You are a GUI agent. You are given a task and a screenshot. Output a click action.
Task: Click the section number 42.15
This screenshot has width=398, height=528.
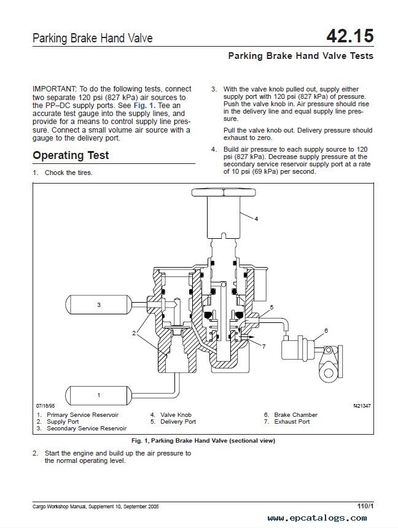coord(350,36)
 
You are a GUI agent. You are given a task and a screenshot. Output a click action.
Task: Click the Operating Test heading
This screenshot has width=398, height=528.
coord(71,155)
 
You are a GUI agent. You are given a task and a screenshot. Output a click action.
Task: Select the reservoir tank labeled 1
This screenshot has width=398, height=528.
coord(98,395)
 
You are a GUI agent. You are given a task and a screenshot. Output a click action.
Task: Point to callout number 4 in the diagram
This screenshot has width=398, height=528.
coord(256,219)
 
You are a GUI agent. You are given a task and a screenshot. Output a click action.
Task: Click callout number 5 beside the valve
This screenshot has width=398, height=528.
coord(271,306)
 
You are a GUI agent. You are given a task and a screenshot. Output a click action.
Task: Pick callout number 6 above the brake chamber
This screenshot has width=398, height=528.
coord(326,330)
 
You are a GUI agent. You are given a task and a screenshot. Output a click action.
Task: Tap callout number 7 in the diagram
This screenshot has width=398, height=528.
coord(263,346)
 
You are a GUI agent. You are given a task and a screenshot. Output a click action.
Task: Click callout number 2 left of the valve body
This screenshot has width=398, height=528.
coord(133,333)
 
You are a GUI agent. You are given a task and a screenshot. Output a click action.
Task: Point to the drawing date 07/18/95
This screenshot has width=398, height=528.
coord(45,406)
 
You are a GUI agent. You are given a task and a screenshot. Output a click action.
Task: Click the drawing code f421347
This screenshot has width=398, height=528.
coord(362,406)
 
